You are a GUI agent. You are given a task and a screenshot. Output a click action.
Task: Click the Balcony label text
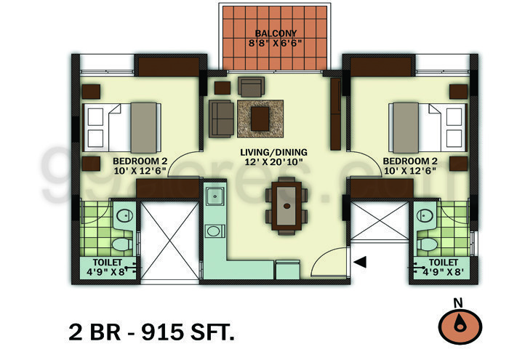click(x=274, y=33)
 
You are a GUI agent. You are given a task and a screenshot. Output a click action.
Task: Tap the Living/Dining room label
click(x=274, y=152)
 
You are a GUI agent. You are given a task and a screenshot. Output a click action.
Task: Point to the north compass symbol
click(x=459, y=327)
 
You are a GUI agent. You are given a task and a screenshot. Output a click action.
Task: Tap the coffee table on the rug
click(x=260, y=118)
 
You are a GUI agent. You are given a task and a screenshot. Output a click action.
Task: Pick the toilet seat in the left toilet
click(x=124, y=243)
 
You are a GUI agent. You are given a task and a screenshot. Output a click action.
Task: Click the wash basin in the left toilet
click(x=124, y=215)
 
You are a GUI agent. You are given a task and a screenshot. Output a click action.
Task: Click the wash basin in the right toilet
click(x=425, y=215)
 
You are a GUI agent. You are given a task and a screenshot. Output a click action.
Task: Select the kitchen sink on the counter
click(x=215, y=196)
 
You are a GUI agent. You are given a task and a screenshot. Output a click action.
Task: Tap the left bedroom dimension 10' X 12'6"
click(x=140, y=171)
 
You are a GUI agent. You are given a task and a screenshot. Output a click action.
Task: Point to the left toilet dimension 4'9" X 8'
click(x=108, y=273)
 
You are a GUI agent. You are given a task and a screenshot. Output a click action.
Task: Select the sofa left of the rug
click(x=222, y=118)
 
